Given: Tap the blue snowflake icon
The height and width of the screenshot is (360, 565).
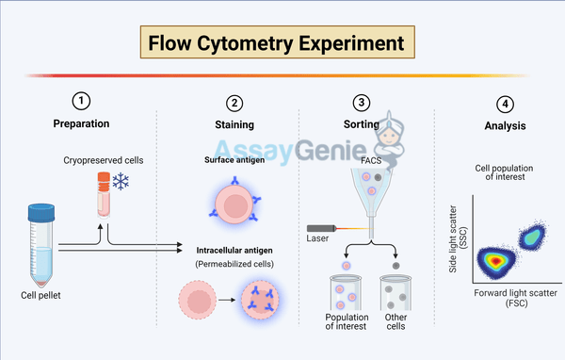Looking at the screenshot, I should [x=120, y=182].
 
